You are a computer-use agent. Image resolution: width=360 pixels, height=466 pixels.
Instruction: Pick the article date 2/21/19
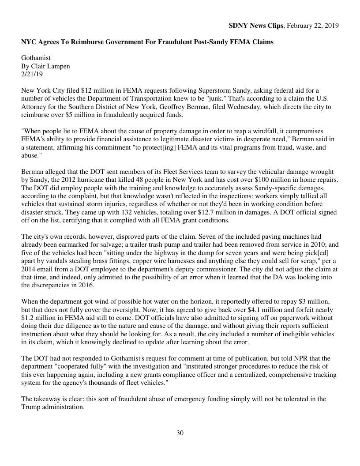[x=32, y=74]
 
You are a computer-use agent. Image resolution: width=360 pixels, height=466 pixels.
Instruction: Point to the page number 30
[x=180, y=433]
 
